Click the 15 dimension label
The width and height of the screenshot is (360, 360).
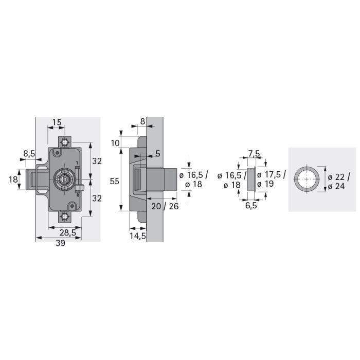coord(57,122)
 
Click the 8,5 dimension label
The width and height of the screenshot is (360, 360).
coord(29,154)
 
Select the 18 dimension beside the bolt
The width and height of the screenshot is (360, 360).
coord(13,179)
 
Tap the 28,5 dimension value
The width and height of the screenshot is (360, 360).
coord(68,233)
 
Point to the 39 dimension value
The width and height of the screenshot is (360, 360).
coord(60,243)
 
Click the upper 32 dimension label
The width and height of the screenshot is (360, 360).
coord(97,161)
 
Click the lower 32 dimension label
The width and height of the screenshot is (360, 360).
coord(97,199)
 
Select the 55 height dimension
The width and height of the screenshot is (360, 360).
coord(115,182)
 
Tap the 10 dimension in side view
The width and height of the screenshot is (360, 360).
coord(115,143)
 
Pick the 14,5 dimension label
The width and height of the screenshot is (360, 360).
coord(138,236)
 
